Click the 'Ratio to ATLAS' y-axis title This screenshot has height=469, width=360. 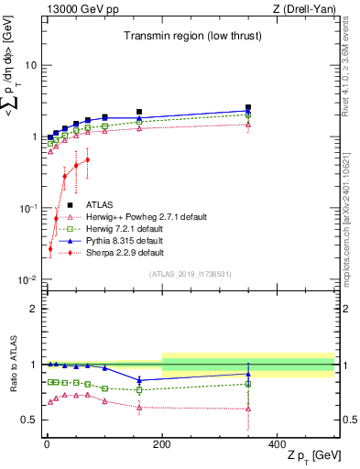tap(13, 365)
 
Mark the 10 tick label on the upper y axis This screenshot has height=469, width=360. tap(30, 66)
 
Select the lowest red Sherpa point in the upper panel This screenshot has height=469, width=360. tap(50, 248)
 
